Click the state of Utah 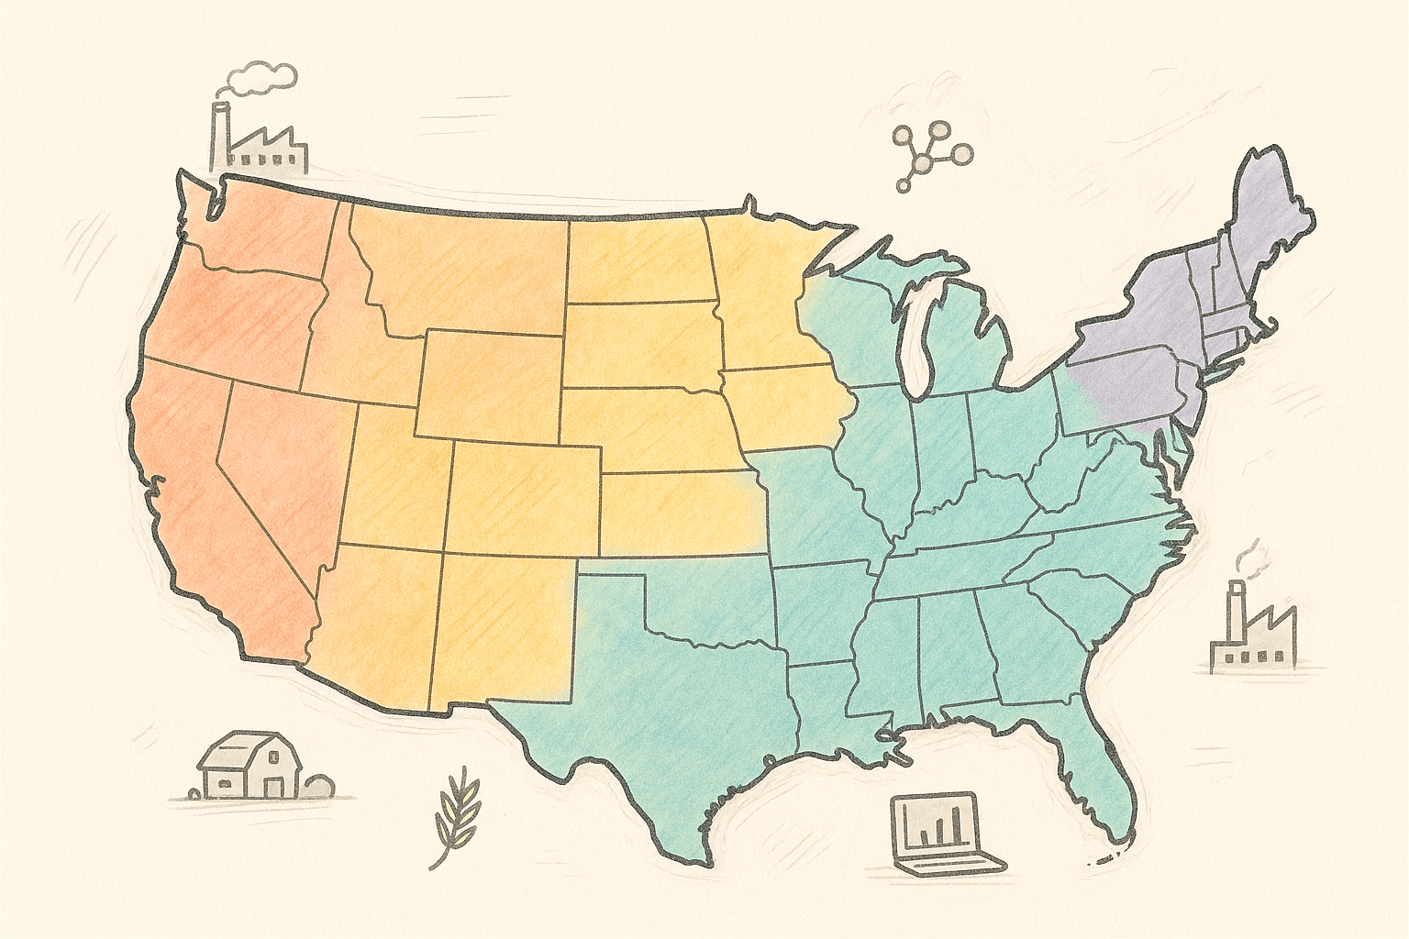pyautogui.click(x=394, y=477)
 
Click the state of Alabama pyautogui.click(x=954, y=651)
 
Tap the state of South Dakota pyautogui.click(x=642, y=344)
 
